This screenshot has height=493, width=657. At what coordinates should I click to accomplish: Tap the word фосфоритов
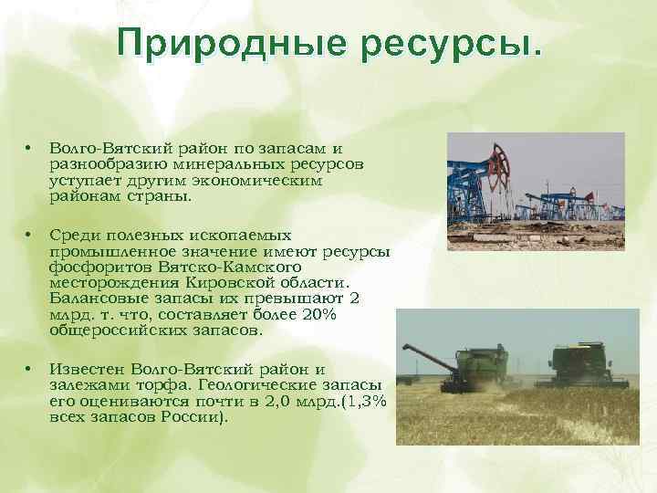(x=99, y=266)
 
